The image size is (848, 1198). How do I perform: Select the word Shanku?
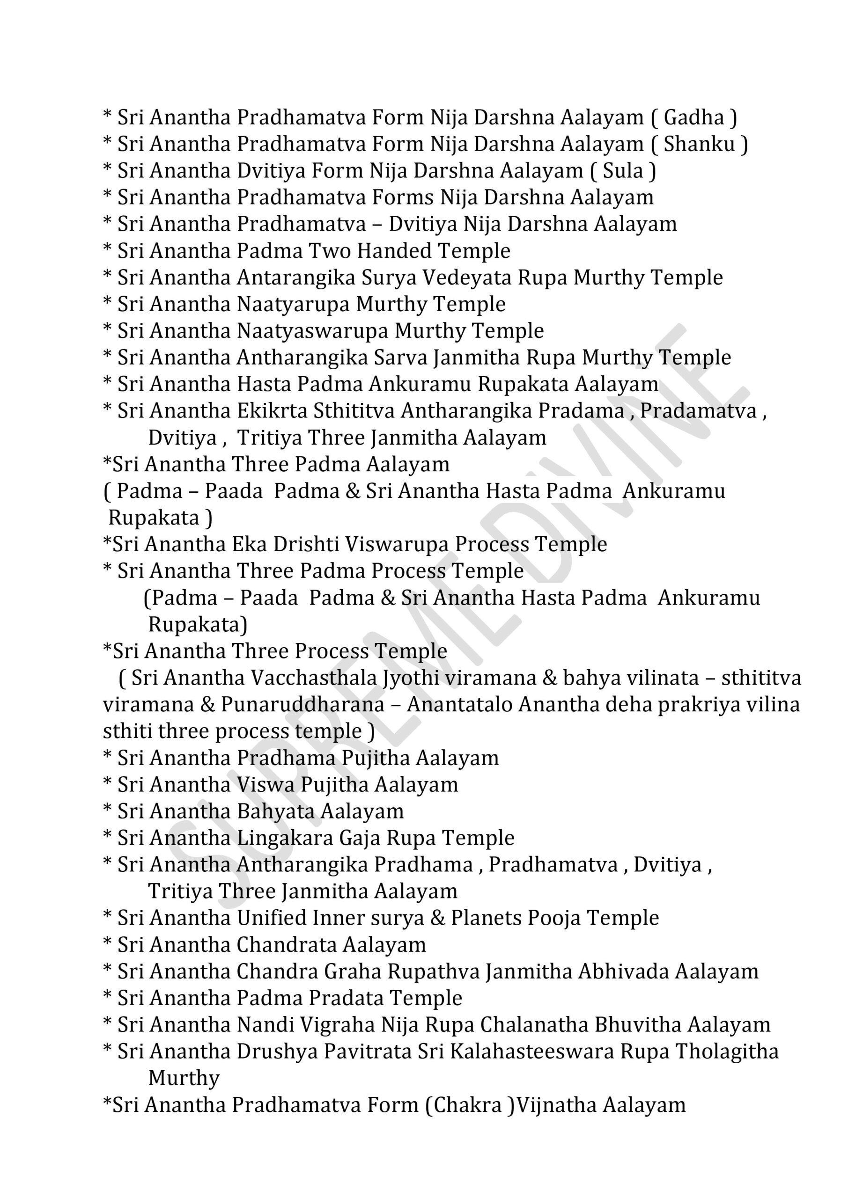[699, 144]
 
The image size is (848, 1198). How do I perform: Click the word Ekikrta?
[272, 411]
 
